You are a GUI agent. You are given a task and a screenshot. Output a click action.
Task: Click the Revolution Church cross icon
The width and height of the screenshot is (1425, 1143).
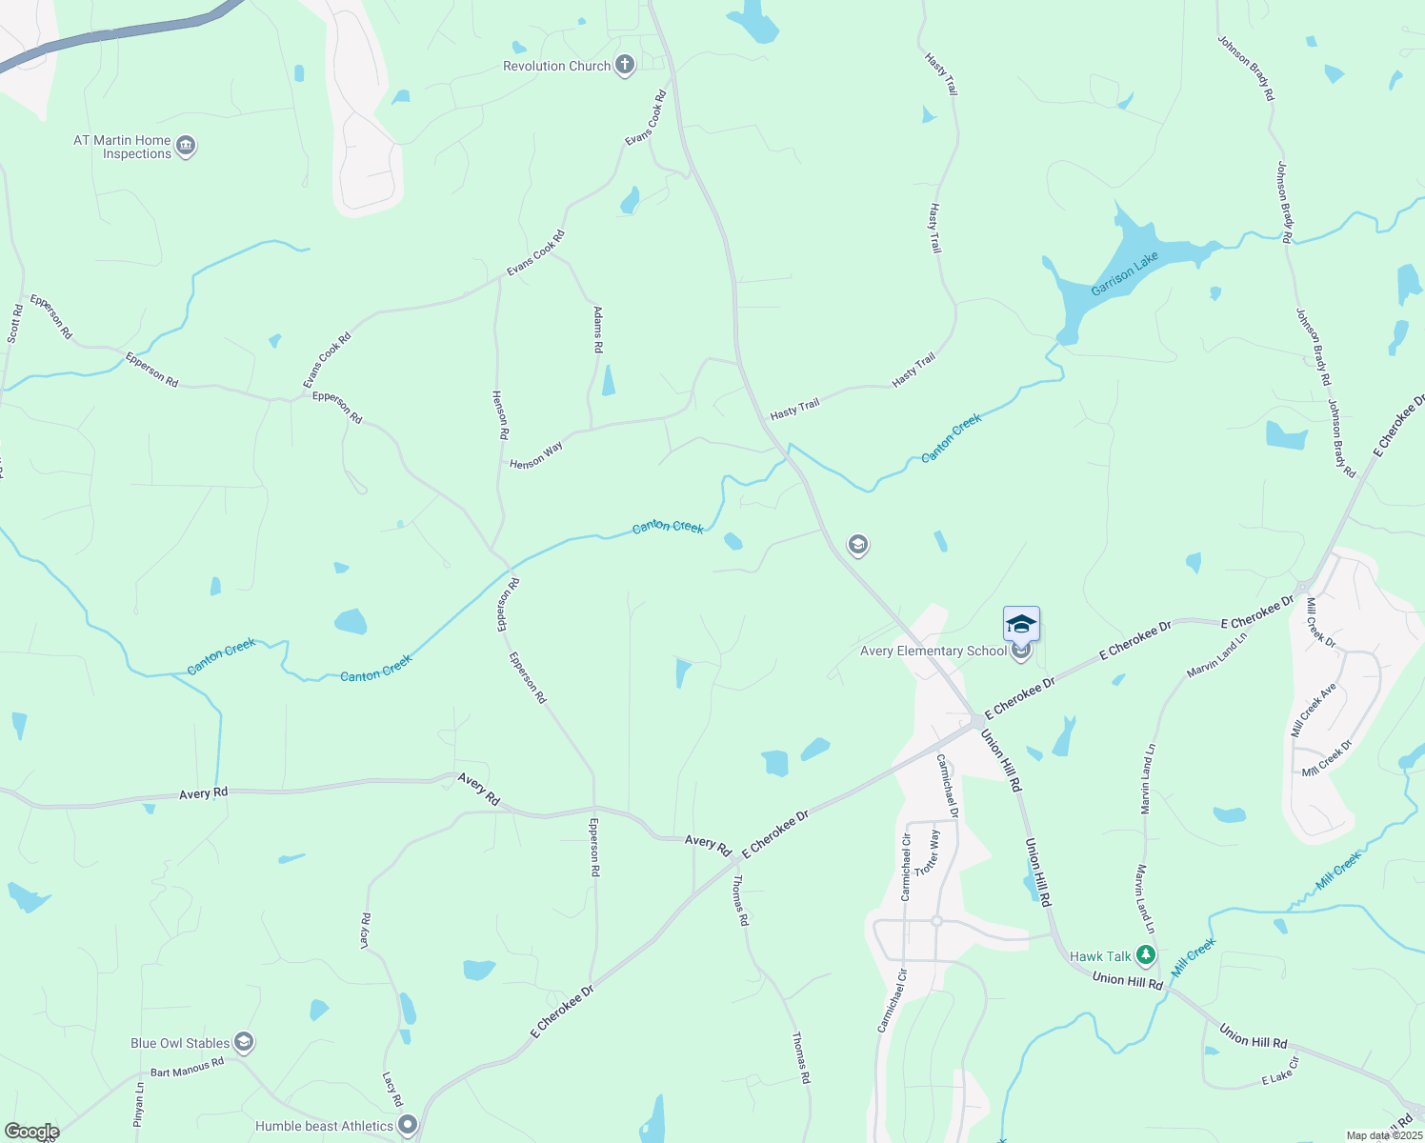625,66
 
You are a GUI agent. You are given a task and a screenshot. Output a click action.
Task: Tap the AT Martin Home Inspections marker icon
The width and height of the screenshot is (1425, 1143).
186,147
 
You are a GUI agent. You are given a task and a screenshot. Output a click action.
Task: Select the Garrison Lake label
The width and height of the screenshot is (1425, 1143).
1125,274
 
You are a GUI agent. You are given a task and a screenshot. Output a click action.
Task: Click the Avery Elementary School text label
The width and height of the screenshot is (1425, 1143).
933,652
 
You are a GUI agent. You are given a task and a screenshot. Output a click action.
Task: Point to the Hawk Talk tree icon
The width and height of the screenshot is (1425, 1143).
1145,954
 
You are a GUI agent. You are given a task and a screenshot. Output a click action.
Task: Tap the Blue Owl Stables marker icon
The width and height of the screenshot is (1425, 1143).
244,1042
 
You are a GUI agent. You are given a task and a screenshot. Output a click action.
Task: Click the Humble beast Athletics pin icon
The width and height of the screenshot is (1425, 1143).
408,1125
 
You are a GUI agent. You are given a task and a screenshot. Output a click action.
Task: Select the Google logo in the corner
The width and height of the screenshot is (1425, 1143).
31,1132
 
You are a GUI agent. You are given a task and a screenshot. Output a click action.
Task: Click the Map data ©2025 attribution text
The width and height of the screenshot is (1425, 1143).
1383,1135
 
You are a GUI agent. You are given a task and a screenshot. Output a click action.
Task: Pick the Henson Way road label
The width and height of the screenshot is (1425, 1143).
536,455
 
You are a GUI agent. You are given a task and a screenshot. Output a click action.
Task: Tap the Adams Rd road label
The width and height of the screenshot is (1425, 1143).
598,330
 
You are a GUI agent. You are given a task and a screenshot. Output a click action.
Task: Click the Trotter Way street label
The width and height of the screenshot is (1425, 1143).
927,852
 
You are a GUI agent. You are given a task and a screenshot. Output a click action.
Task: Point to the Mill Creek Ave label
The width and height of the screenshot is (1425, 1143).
1314,709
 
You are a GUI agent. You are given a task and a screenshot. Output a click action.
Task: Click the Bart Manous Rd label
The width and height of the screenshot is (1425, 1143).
187,1068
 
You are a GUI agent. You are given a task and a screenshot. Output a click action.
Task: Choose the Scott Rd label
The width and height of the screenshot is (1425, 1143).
14,324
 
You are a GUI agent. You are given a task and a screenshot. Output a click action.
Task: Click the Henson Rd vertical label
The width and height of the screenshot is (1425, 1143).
500,414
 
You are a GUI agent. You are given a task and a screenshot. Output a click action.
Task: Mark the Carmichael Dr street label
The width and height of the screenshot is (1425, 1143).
947,786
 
